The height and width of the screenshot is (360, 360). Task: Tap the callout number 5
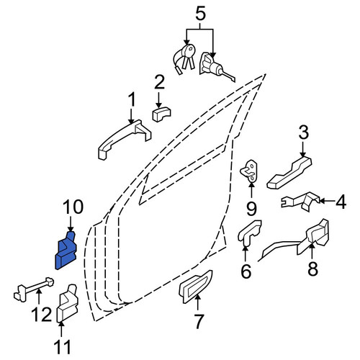tap(201, 14)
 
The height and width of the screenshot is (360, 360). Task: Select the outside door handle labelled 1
tap(125, 139)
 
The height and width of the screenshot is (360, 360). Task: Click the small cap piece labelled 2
tap(161, 114)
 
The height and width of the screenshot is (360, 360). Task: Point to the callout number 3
tap(303, 132)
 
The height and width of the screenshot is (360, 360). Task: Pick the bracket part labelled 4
tap(302, 202)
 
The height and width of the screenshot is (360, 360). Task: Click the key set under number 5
tap(184, 59)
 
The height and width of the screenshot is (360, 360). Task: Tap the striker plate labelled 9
tap(250, 171)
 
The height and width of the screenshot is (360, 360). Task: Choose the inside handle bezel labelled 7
tap(195, 286)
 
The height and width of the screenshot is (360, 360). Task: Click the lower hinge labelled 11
tap(68, 304)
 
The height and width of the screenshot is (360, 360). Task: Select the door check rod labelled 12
tap(34, 289)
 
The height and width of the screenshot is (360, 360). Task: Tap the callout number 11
tap(62, 347)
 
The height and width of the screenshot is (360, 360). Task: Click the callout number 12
tap(42, 314)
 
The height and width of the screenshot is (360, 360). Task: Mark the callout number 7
tap(198, 321)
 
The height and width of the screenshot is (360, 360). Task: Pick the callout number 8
tap(312, 269)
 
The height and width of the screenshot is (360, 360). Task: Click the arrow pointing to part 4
tap(326, 201)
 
